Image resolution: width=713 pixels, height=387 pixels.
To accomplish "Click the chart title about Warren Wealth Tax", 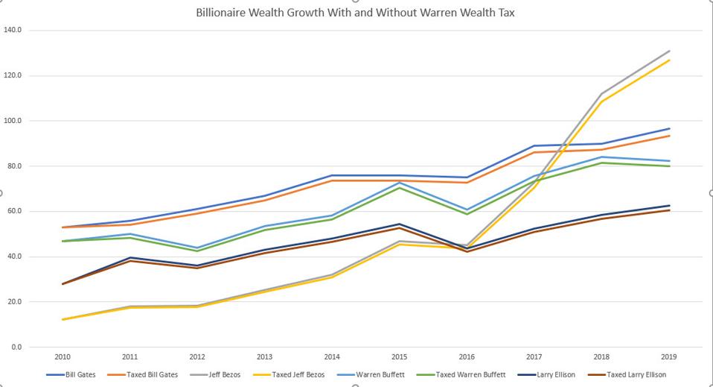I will pyautogui.click(x=356, y=13).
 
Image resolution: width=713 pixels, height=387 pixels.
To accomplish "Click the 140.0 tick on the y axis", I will pyautogui.click(x=13, y=30).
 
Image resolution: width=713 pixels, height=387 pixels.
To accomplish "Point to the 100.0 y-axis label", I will pyautogui.click(x=13, y=121).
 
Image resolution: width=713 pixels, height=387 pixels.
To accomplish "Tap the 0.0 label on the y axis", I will pyautogui.click(x=16, y=347).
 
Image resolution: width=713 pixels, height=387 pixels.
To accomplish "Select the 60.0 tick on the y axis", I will pyautogui.click(x=15, y=211).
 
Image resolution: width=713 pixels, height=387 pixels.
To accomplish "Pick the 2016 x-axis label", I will pyautogui.click(x=466, y=357).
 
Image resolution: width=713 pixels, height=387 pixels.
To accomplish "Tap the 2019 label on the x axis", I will pyautogui.click(x=669, y=357).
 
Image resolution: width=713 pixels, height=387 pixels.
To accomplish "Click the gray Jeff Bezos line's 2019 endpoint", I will pyautogui.click(x=669, y=51).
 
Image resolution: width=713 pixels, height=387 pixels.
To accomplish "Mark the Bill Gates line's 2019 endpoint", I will pyautogui.click(x=669, y=128).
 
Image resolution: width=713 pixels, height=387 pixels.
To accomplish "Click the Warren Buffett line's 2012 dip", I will pyautogui.click(x=196, y=248).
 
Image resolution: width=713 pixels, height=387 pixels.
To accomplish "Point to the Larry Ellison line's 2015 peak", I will pyautogui.click(x=399, y=224).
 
